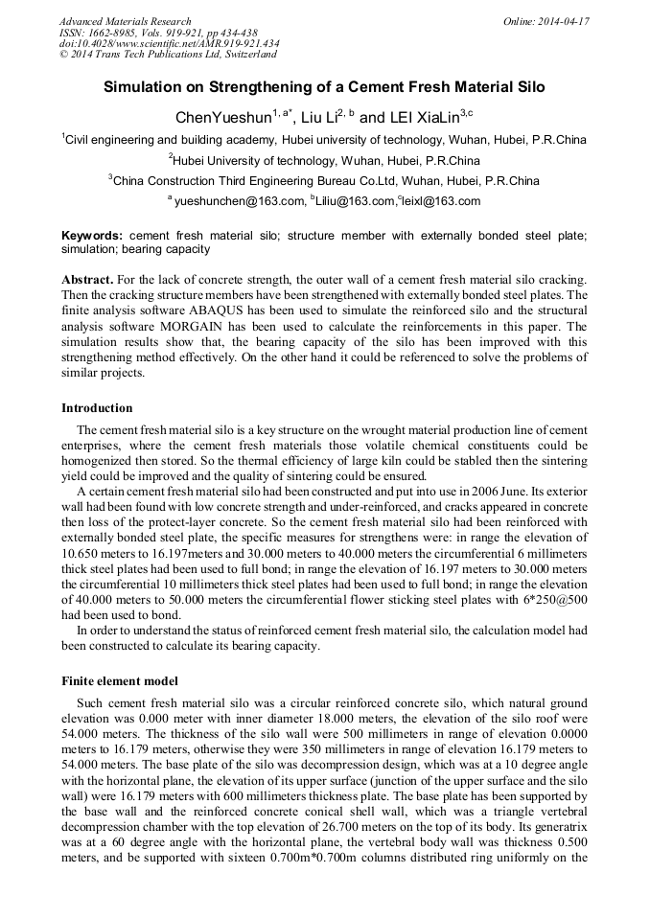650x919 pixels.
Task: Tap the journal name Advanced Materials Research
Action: pos(125,21)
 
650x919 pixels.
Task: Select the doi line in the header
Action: pos(169,43)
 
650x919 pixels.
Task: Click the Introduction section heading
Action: pos(97,408)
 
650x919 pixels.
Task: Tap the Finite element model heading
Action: pos(120,681)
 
